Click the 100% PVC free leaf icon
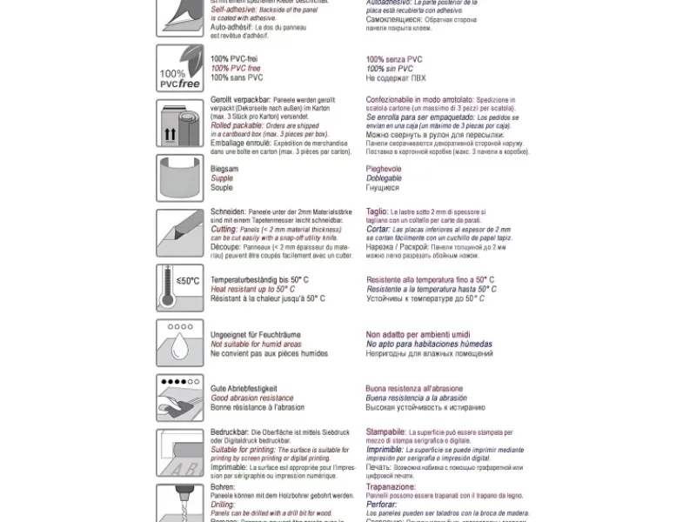(180, 67)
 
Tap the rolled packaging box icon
(180, 123)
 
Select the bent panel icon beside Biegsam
(180, 177)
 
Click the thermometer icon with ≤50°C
(180, 288)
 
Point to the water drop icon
(180, 343)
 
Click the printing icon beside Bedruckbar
(180, 452)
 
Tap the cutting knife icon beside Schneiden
(180, 232)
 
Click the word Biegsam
(224, 170)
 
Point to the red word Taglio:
(377, 211)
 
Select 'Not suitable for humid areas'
(257, 345)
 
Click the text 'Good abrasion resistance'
(252, 398)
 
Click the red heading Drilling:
(224, 504)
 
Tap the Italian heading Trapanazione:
(392, 485)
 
